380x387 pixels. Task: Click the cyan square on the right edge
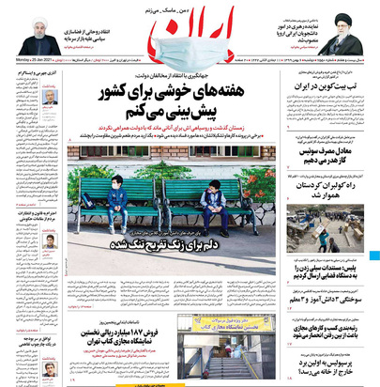(x=375, y=255)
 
